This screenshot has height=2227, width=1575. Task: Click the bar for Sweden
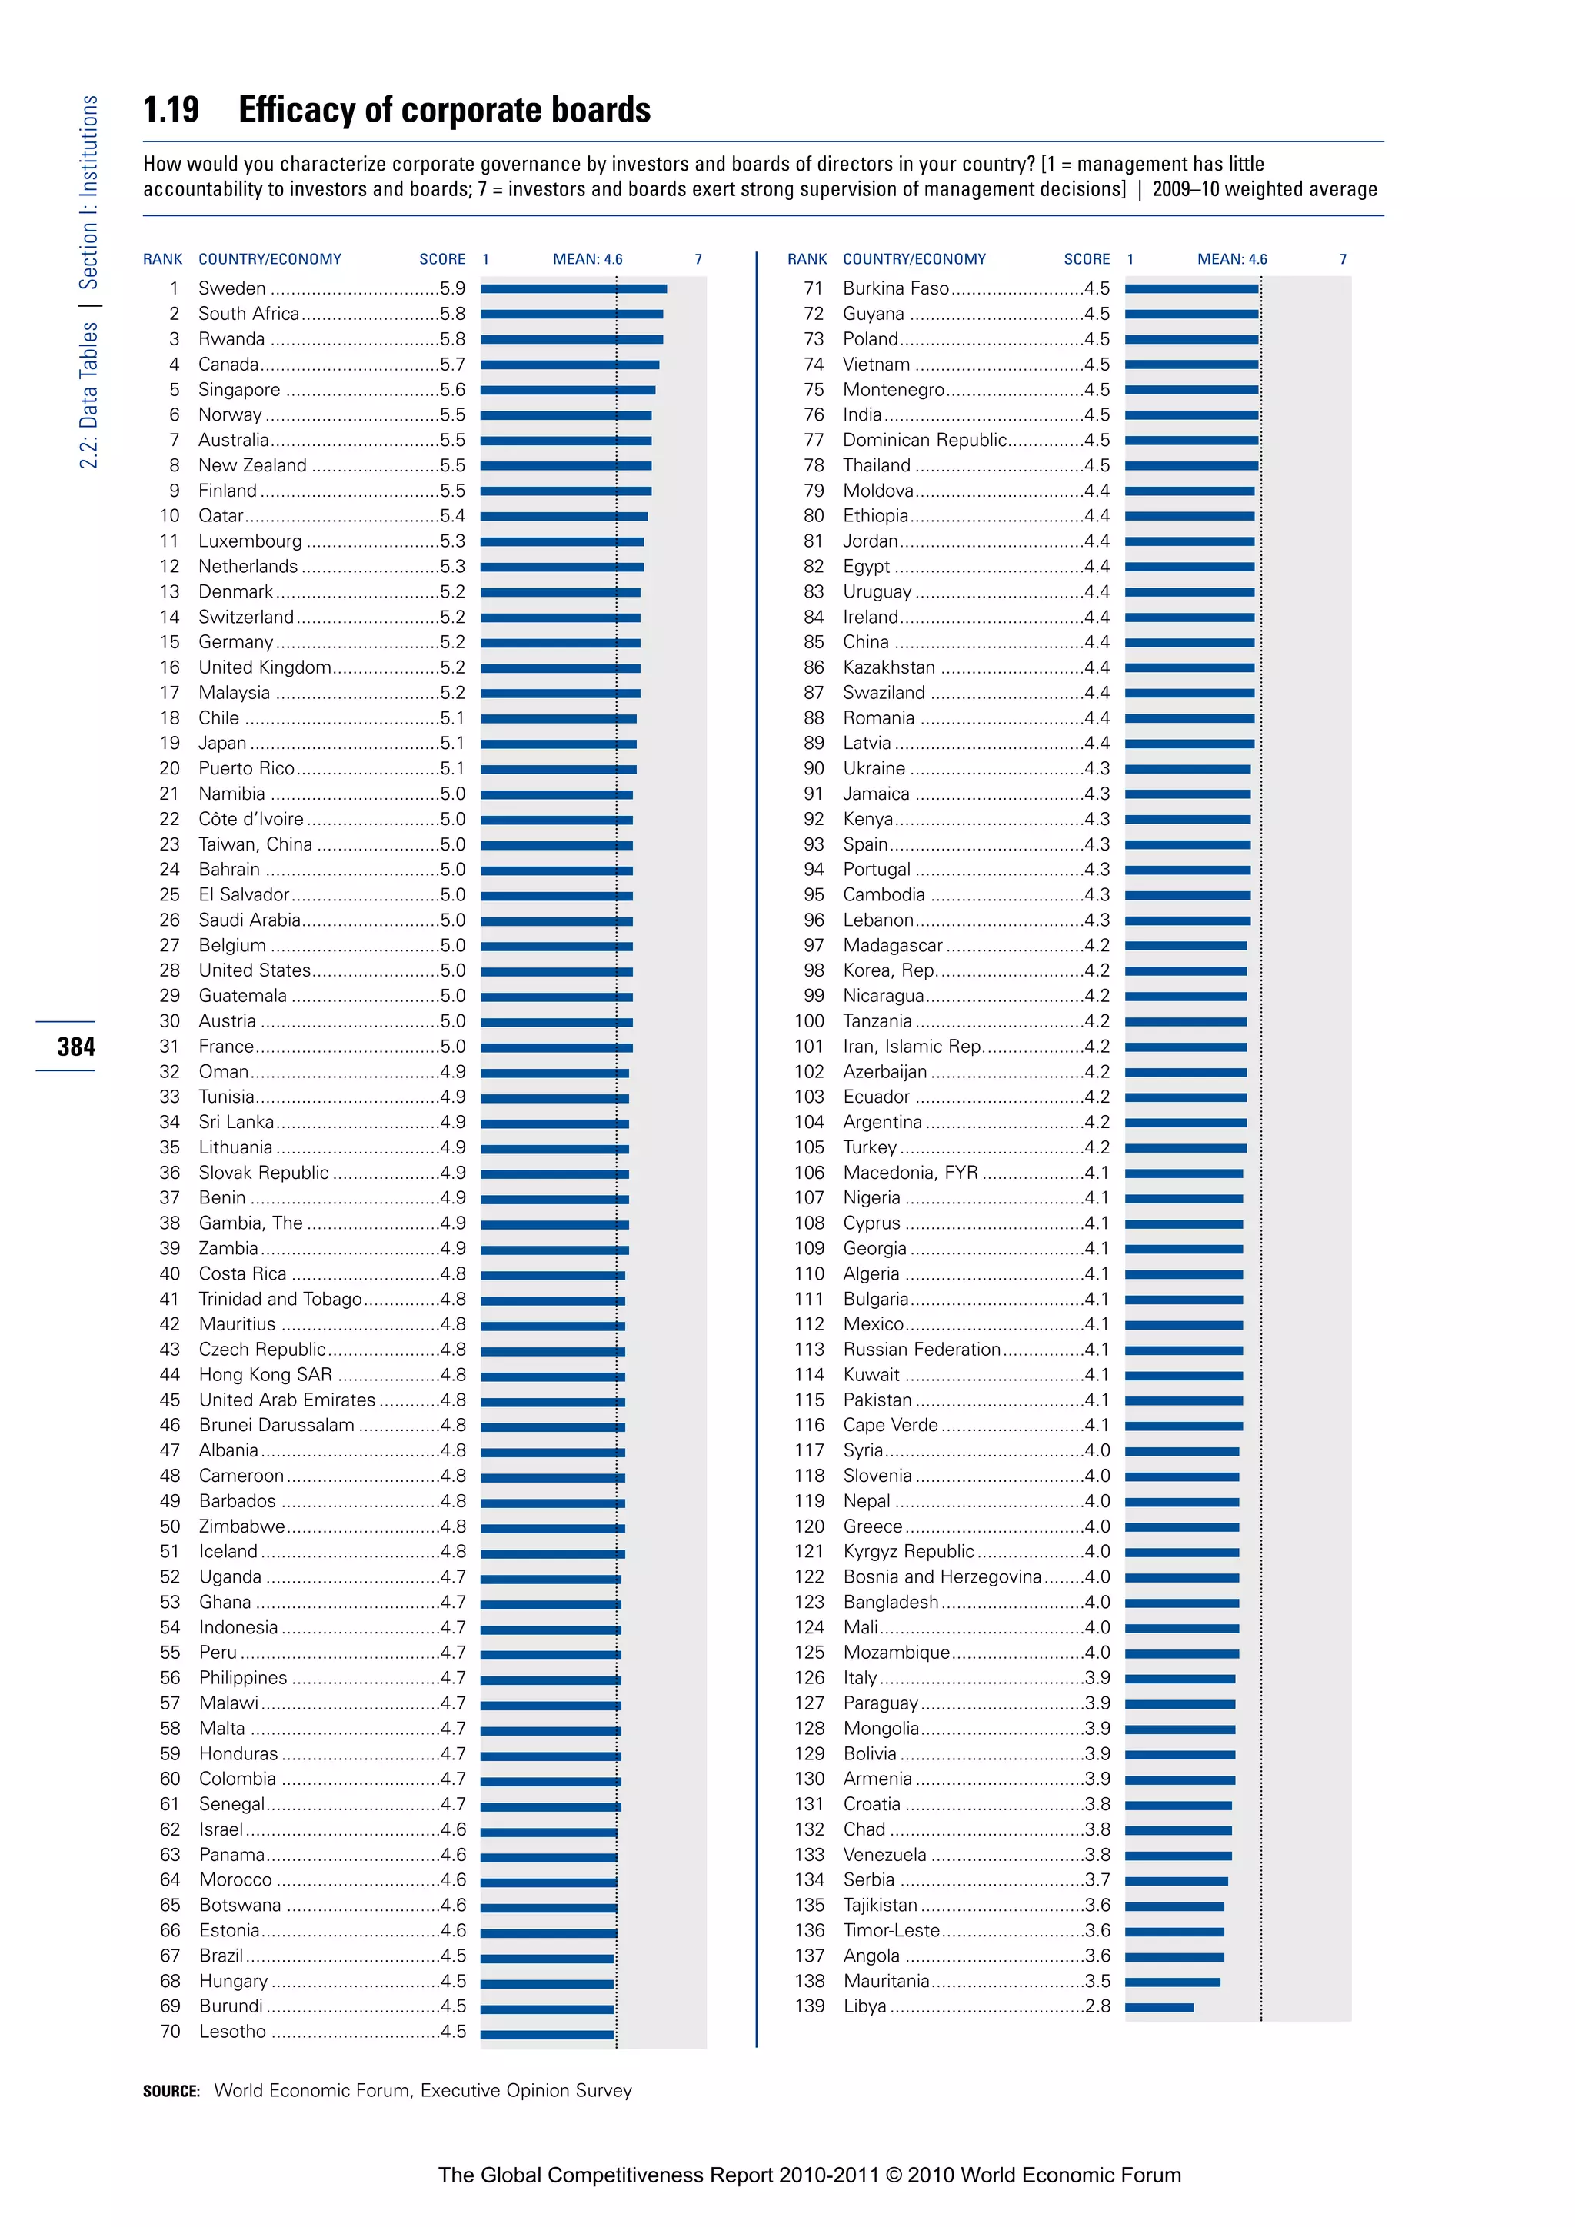(x=573, y=289)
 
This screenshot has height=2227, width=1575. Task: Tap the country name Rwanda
(x=231, y=339)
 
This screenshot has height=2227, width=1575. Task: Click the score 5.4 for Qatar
(x=452, y=516)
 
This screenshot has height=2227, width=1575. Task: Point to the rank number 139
(x=809, y=2006)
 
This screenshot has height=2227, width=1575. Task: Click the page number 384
(x=75, y=1047)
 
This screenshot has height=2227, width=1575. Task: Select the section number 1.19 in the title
(x=171, y=110)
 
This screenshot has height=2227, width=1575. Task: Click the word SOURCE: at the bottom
(x=171, y=2091)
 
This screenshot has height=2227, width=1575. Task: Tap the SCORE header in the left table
(x=442, y=259)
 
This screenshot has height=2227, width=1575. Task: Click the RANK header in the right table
(x=807, y=259)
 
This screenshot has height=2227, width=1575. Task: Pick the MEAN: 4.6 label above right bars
(x=1232, y=259)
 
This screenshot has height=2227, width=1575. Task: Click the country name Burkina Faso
(x=895, y=289)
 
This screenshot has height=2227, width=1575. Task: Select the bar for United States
(x=556, y=972)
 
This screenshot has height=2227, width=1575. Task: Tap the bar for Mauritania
(x=1173, y=1982)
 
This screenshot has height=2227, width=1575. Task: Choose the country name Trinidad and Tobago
(x=279, y=1300)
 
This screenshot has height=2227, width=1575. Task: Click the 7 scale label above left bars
(x=698, y=259)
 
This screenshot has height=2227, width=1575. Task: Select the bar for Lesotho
(x=547, y=2032)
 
